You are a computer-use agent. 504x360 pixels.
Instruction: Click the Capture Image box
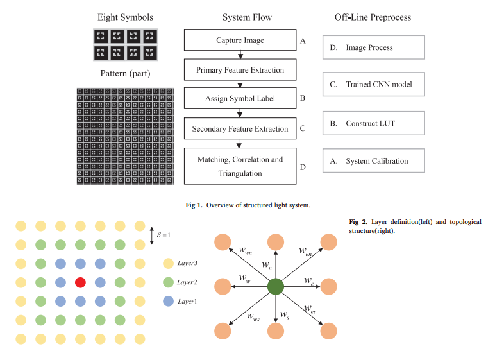240,40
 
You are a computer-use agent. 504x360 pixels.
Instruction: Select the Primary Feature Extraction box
240,69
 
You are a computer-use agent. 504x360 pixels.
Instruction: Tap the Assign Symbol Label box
240,98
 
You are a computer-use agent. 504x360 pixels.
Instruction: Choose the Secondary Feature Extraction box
240,128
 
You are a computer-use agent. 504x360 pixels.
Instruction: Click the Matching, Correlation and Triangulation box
240,166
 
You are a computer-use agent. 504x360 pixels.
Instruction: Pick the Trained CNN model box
373,84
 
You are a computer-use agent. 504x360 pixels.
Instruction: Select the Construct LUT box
373,123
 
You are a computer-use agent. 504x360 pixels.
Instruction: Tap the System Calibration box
373,160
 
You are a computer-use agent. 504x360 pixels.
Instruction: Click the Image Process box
373,47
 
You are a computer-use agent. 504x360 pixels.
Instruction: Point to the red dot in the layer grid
80,282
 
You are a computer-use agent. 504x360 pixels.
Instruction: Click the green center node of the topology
276,287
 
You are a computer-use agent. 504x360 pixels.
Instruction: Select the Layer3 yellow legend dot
168,263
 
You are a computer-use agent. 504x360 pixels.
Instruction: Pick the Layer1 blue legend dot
168,301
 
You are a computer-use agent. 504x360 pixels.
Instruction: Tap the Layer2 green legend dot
168,282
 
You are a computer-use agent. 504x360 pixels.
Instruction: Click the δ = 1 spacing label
164,235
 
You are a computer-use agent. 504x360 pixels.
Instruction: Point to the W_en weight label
305,252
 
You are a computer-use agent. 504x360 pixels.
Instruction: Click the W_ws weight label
253,317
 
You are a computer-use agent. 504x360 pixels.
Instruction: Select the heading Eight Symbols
125,17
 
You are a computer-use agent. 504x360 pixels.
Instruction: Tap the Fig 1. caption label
194,205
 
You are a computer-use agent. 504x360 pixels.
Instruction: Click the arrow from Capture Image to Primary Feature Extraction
240,55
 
